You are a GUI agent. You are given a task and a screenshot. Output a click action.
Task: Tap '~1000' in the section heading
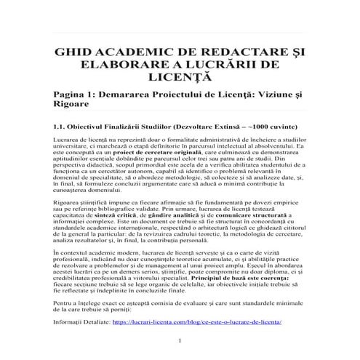263,124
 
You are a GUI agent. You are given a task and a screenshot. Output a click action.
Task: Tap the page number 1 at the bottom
179,342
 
